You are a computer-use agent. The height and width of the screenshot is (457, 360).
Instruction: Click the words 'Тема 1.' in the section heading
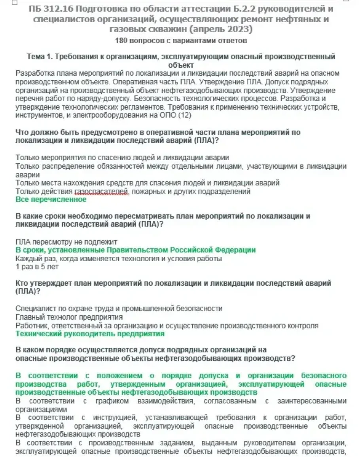39,57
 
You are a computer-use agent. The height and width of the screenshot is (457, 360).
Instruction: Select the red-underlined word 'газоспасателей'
102,192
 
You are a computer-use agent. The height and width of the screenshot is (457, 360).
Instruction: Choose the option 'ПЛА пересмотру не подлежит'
66,242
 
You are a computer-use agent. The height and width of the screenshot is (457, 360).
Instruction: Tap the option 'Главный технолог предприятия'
69,317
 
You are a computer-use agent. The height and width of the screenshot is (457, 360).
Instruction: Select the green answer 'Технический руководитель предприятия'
90,334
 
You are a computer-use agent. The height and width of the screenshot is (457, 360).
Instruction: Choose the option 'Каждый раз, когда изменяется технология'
118,258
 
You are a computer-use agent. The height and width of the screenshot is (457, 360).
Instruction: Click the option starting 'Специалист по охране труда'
119,308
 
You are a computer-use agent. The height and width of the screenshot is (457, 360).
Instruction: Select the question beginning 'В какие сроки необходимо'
162,216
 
